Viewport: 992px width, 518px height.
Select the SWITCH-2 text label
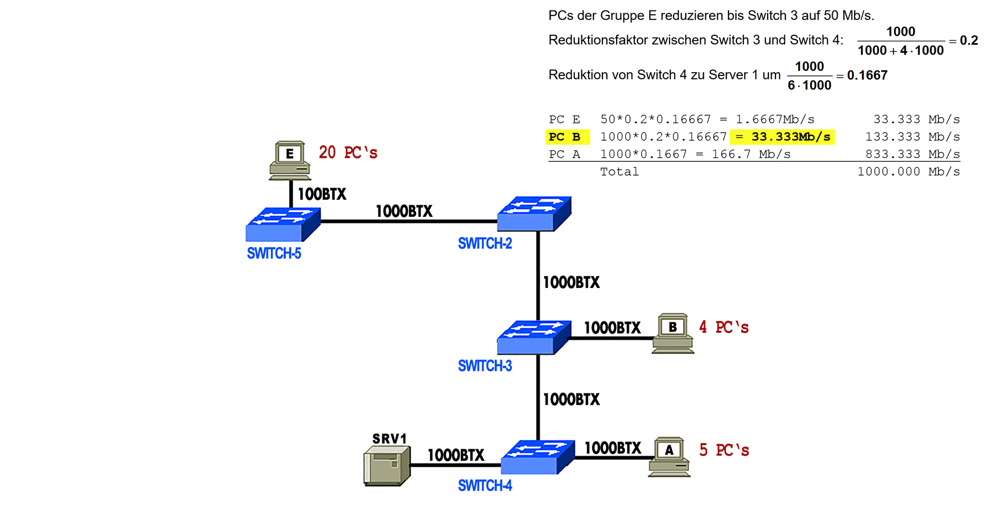click(x=485, y=244)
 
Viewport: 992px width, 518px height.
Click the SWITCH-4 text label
click(x=485, y=486)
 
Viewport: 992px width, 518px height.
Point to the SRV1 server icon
click(x=387, y=466)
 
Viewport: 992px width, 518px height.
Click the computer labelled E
click(x=290, y=160)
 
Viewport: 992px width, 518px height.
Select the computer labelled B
click(x=673, y=333)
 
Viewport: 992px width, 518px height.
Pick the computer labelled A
click(x=669, y=456)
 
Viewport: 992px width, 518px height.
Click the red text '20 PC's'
click(x=348, y=152)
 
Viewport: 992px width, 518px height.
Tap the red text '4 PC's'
click(x=724, y=328)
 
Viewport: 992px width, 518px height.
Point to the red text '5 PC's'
click(x=724, y=450)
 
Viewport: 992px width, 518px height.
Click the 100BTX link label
click(x=322, y=194)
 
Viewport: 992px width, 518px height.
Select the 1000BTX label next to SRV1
click(x=456, y=455)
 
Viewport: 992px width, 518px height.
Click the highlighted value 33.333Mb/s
click(x=790, y=137)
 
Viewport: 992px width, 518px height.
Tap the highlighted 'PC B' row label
click(x=565, y=137)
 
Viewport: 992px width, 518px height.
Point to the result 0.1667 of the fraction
click(x=867, y=75)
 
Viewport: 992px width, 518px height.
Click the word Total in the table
click(x=619, y=172)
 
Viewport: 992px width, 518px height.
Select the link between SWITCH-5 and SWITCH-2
click(x=408, y=221)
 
